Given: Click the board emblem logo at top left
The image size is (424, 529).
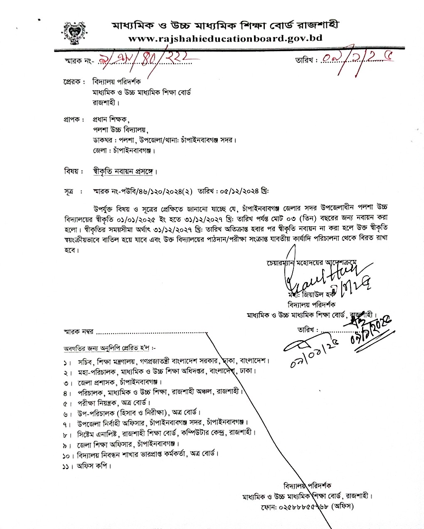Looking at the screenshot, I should (x=75, y=33).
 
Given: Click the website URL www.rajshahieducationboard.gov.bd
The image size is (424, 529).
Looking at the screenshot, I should (x=225, y=39).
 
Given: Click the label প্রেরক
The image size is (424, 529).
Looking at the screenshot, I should (x=74, y=82).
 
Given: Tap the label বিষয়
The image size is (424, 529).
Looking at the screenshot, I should (x=71, y=171).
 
